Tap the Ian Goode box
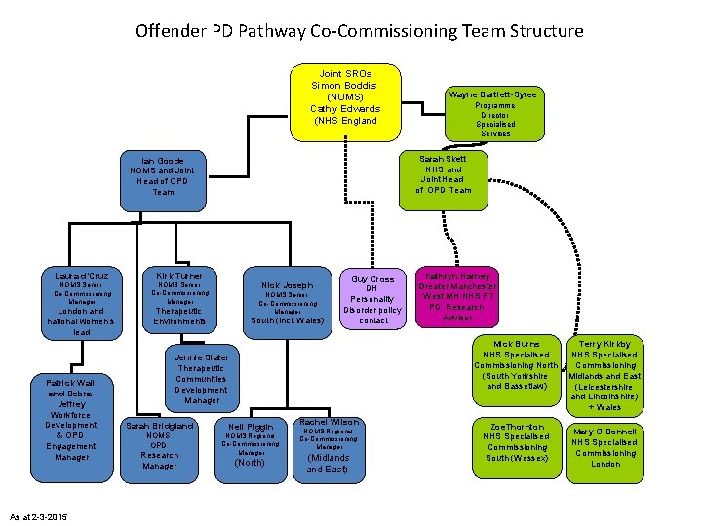coord(163,180)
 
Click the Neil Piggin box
coord(251,445)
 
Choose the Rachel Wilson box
coord(329,445)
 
